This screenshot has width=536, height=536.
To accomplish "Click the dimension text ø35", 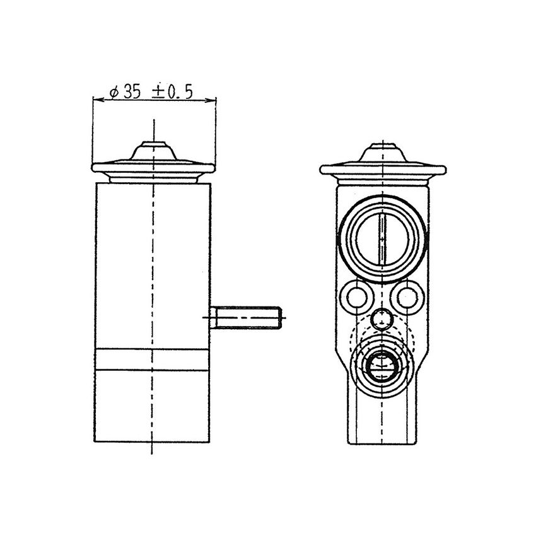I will [x=125, y=91].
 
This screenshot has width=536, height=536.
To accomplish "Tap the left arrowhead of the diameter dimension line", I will [x=96, y=100].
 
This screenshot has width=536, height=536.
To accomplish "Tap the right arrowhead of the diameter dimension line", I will [x=213, y=100].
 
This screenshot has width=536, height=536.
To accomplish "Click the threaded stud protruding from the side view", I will [x=246, y=317].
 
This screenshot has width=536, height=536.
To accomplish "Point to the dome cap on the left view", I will [x=154, y=151].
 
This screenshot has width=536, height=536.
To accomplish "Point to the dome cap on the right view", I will [x=383, y=153].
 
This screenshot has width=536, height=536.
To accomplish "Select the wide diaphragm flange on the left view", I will [x=153, y=168].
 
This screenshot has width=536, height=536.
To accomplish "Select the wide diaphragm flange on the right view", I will [x=383, y=169].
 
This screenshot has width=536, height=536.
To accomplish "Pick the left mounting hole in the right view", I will [x=357, y=296].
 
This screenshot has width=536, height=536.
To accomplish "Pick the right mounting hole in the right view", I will [x=407, y=296].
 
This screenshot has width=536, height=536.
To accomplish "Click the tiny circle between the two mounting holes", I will [x=382, y=320].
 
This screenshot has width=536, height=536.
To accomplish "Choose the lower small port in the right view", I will [x=382, y=366].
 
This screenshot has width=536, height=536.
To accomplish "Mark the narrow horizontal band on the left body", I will [x=153, y=359].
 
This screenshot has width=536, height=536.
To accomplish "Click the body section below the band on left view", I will [x=153, y=407].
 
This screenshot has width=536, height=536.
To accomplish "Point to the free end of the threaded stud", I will [x=279, y=317].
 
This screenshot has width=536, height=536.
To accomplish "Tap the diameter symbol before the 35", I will [x=114, y=92].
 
